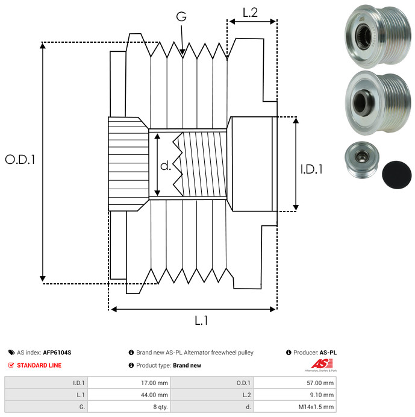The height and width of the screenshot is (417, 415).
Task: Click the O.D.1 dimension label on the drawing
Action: (x=20, y=159)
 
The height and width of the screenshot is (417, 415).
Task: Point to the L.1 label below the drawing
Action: (x=201, y=321)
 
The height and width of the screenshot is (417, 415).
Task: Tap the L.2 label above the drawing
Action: (x=250, y=13)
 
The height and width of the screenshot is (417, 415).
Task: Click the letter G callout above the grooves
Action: (x=181, y=16)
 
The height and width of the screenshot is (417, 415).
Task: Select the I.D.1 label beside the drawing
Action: (x=311, y=169)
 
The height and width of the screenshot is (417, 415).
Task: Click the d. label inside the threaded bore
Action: (x=166, y=166)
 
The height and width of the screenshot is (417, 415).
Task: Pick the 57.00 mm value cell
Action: (x=295, y=383)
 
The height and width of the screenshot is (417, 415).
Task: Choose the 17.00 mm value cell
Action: (x=129, y=383)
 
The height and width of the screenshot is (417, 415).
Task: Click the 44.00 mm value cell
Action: (x=129, y=395)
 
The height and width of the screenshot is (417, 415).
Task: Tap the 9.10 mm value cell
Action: (x=295, y=395)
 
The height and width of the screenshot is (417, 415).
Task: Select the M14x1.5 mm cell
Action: (x=295, y=407)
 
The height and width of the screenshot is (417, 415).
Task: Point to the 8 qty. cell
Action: (x=129, y=407)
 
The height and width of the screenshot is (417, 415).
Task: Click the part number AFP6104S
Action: (x=57, y=353)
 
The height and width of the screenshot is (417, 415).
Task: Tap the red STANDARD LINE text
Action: (x=39, y=365)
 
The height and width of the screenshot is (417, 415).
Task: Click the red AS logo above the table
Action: (x=322, y=363)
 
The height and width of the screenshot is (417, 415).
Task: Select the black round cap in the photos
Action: (x=397, y=175)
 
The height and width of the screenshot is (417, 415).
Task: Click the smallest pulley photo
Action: (x=362, y=160)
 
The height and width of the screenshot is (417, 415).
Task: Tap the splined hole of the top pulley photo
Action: (x=363, y=36)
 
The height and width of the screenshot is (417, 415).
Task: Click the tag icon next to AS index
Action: (x=11, y=353)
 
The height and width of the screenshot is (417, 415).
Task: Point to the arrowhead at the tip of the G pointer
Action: (x=183, y=52)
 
